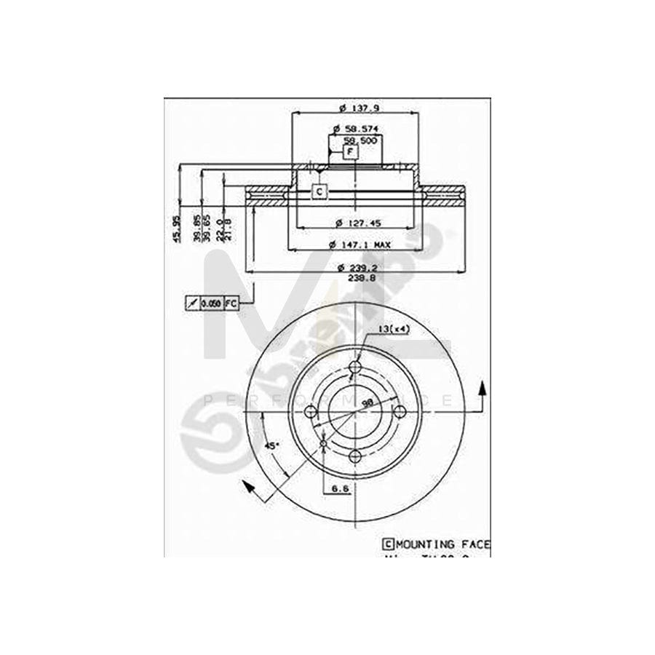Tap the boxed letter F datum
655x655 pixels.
pos(350,151)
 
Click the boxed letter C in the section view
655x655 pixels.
pos(319,191)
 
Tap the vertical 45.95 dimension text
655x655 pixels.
pos(175,229)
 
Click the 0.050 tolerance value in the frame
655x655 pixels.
pos(211,302)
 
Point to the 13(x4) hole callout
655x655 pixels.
pos(394,329)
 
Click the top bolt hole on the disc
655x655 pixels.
pos(355,366)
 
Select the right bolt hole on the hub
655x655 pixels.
pos(400,411)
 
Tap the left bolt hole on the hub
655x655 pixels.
pos(311,411)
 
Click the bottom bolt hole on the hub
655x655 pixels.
pos(355,456)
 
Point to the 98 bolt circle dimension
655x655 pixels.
pos(368,402)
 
